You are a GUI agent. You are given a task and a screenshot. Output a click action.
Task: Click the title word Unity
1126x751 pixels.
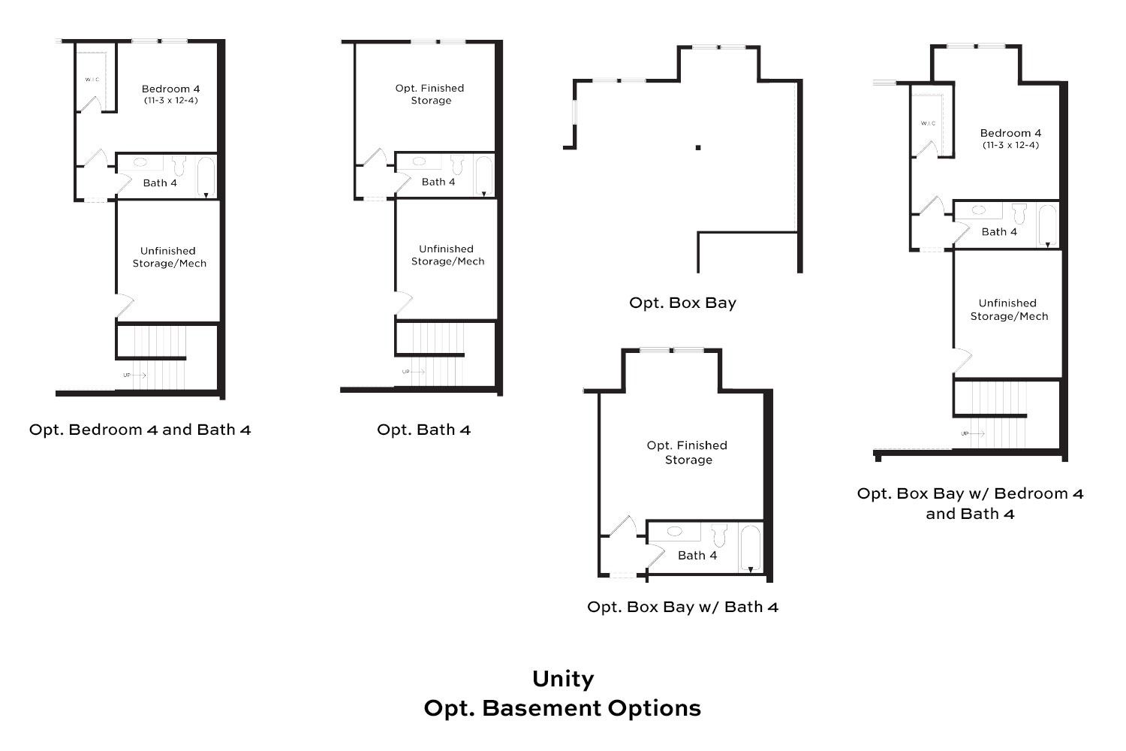(x=563, y=679)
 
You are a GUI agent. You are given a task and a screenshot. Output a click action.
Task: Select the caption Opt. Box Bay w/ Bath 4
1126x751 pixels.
(x=682, y=607)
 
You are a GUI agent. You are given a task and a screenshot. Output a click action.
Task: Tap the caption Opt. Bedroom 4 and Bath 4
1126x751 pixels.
(x=140, y=430)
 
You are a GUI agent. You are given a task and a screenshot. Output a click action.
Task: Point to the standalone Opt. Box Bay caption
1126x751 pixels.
(x=682, y=303)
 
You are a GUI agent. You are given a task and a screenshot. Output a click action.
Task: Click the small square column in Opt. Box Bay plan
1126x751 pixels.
(x=698, y=147)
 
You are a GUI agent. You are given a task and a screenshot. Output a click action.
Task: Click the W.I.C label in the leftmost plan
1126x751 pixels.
(x=92, y=79)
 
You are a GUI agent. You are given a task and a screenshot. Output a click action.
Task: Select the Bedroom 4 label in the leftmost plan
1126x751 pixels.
(x=170, y=89)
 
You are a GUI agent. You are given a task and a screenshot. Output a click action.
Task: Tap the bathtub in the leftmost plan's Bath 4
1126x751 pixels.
(x=206, y=177)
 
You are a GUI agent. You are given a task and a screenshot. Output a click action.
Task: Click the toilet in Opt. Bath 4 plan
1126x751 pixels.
(x=457, y=164)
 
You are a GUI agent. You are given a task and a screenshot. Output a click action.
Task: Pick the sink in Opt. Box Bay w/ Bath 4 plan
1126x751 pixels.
(x=674, y=531)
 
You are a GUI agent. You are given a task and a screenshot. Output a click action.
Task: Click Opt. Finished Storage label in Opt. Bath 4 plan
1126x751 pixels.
(x=430, y=94)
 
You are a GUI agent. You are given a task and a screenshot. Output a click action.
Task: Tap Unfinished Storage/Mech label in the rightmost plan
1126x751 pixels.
(x=1008, y=309)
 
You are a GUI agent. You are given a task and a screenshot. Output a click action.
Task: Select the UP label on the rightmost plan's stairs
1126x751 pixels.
(x=965, y=433)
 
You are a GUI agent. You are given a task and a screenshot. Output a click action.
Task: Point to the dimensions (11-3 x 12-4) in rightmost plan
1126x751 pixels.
(x=1010, y=145)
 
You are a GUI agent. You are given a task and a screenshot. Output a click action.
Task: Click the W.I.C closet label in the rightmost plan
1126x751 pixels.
(x=929, y=123)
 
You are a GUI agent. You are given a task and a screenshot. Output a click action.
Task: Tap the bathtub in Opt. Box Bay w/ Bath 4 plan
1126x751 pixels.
(x=750, y=549)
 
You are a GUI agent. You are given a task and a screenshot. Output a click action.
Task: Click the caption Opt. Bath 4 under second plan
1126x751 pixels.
(x=423, y=430)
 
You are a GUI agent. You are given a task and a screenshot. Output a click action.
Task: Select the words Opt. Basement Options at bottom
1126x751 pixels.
(x=563, y=708)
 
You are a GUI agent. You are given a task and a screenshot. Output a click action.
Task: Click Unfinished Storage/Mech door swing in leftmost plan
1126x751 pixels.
(x=124, y=306)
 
